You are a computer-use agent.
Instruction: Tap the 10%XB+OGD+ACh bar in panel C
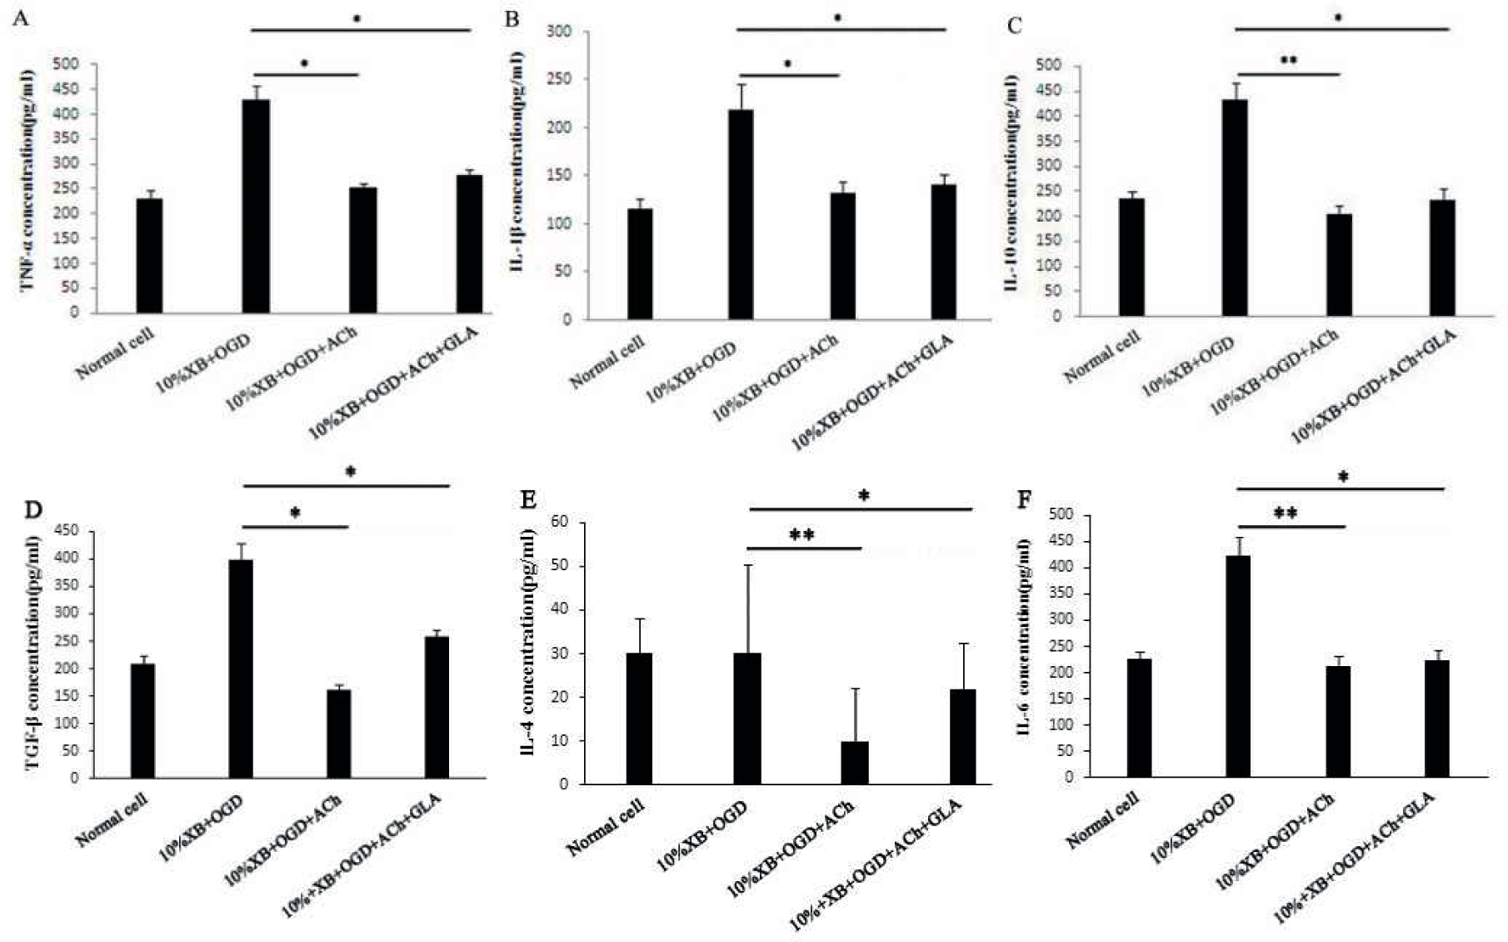click(x=1339, y=265)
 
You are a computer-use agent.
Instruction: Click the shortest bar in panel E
click(x=855, y=763)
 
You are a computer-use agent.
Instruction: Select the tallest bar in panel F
click(x=1238, y=666)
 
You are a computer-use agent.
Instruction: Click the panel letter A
click(x=21, y=18)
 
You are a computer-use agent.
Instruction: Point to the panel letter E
click(x=527, y=499)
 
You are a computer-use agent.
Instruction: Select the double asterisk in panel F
click(x=1286, y=514)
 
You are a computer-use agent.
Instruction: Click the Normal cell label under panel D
click(x=112, y=820)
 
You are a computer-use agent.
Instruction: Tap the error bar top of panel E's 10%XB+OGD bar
click(x=747, y=565)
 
